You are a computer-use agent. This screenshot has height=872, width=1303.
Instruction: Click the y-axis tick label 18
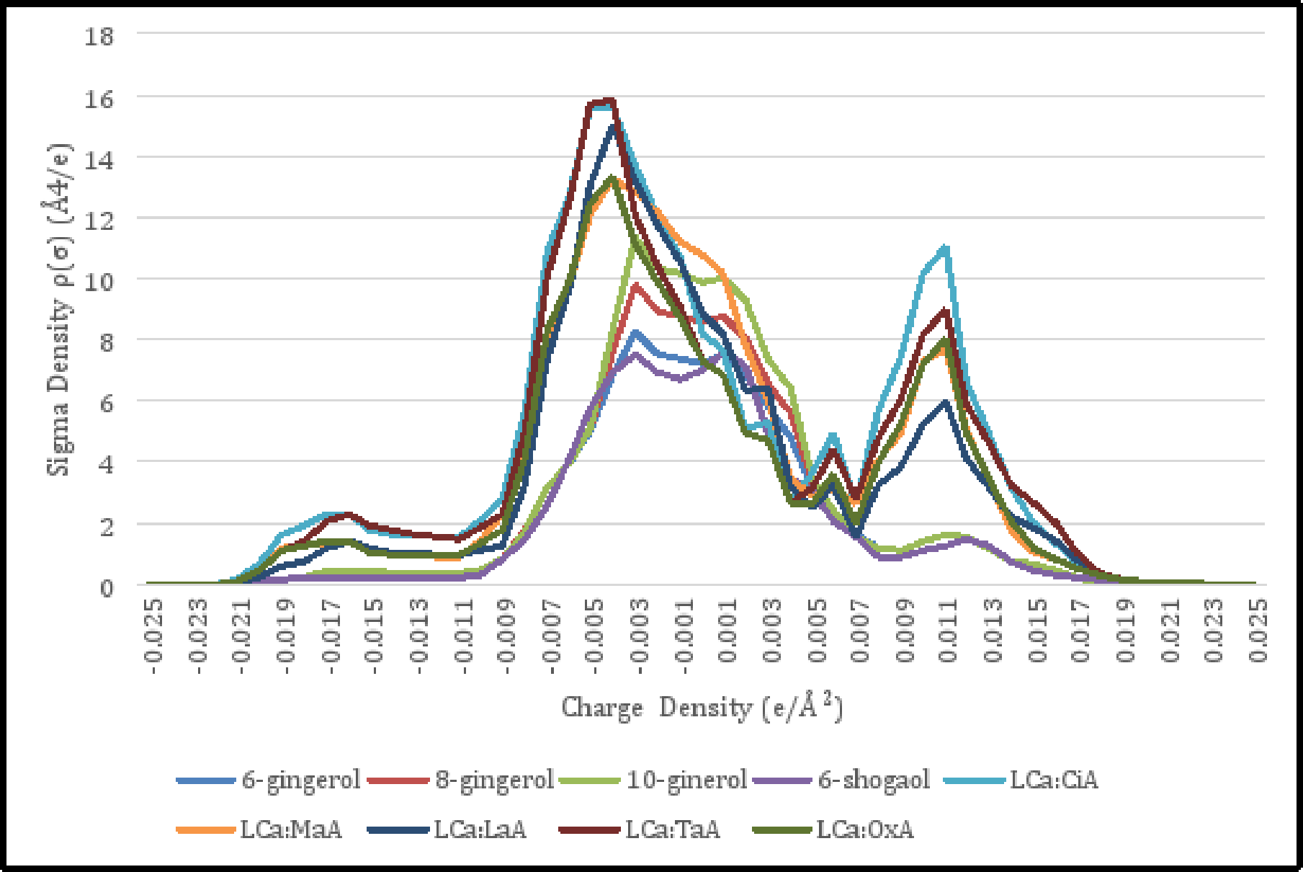[99, 35]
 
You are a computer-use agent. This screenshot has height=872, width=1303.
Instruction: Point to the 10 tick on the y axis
[99, 280]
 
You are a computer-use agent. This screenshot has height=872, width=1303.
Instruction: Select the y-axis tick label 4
[106, 463]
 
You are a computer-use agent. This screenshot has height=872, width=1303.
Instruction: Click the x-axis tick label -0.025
[153, 631]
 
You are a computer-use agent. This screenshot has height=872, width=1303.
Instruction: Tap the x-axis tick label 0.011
[949, 631]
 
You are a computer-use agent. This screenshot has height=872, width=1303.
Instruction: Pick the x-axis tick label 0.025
[1258, 631]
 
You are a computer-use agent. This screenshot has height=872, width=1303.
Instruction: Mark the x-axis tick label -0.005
[595, 631]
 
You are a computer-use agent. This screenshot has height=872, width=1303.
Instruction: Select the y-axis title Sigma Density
[59, 310]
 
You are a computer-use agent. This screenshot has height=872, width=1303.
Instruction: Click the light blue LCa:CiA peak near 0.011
[945, 249]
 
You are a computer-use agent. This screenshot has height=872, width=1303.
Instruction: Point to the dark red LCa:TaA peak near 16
[610, 100]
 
